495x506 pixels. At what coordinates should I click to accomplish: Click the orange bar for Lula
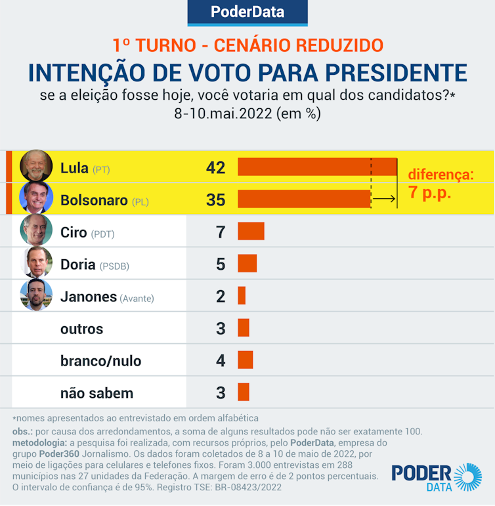(317, 167)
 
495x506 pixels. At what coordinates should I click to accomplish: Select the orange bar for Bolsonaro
(304, 199)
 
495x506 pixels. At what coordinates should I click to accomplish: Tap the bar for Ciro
(251, 231)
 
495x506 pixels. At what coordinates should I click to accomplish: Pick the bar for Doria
(247, 263)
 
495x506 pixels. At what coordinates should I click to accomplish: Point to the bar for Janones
(242, 295)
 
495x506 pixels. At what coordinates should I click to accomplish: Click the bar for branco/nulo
(245, 360)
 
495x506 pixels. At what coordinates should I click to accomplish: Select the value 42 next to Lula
(215, 167)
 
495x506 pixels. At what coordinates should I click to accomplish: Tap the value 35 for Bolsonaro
(215, 200)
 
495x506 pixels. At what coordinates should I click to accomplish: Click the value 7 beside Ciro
(221, 232)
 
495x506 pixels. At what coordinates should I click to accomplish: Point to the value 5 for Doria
(221, 264)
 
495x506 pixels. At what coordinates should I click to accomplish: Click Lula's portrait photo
(36, 166)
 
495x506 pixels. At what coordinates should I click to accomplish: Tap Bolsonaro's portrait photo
(36, 198)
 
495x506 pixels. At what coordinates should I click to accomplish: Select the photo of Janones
(36, 295)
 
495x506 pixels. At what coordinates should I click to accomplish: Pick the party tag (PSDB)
(114, 266)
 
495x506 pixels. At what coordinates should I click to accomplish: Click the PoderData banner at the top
(247, 12)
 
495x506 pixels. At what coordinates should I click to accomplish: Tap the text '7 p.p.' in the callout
(430, 194)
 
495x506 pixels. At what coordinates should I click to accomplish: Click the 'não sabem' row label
(97, 393)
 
